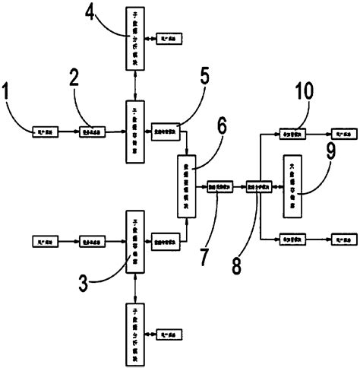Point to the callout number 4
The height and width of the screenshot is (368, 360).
90,14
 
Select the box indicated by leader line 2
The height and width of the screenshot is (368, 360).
93,132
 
